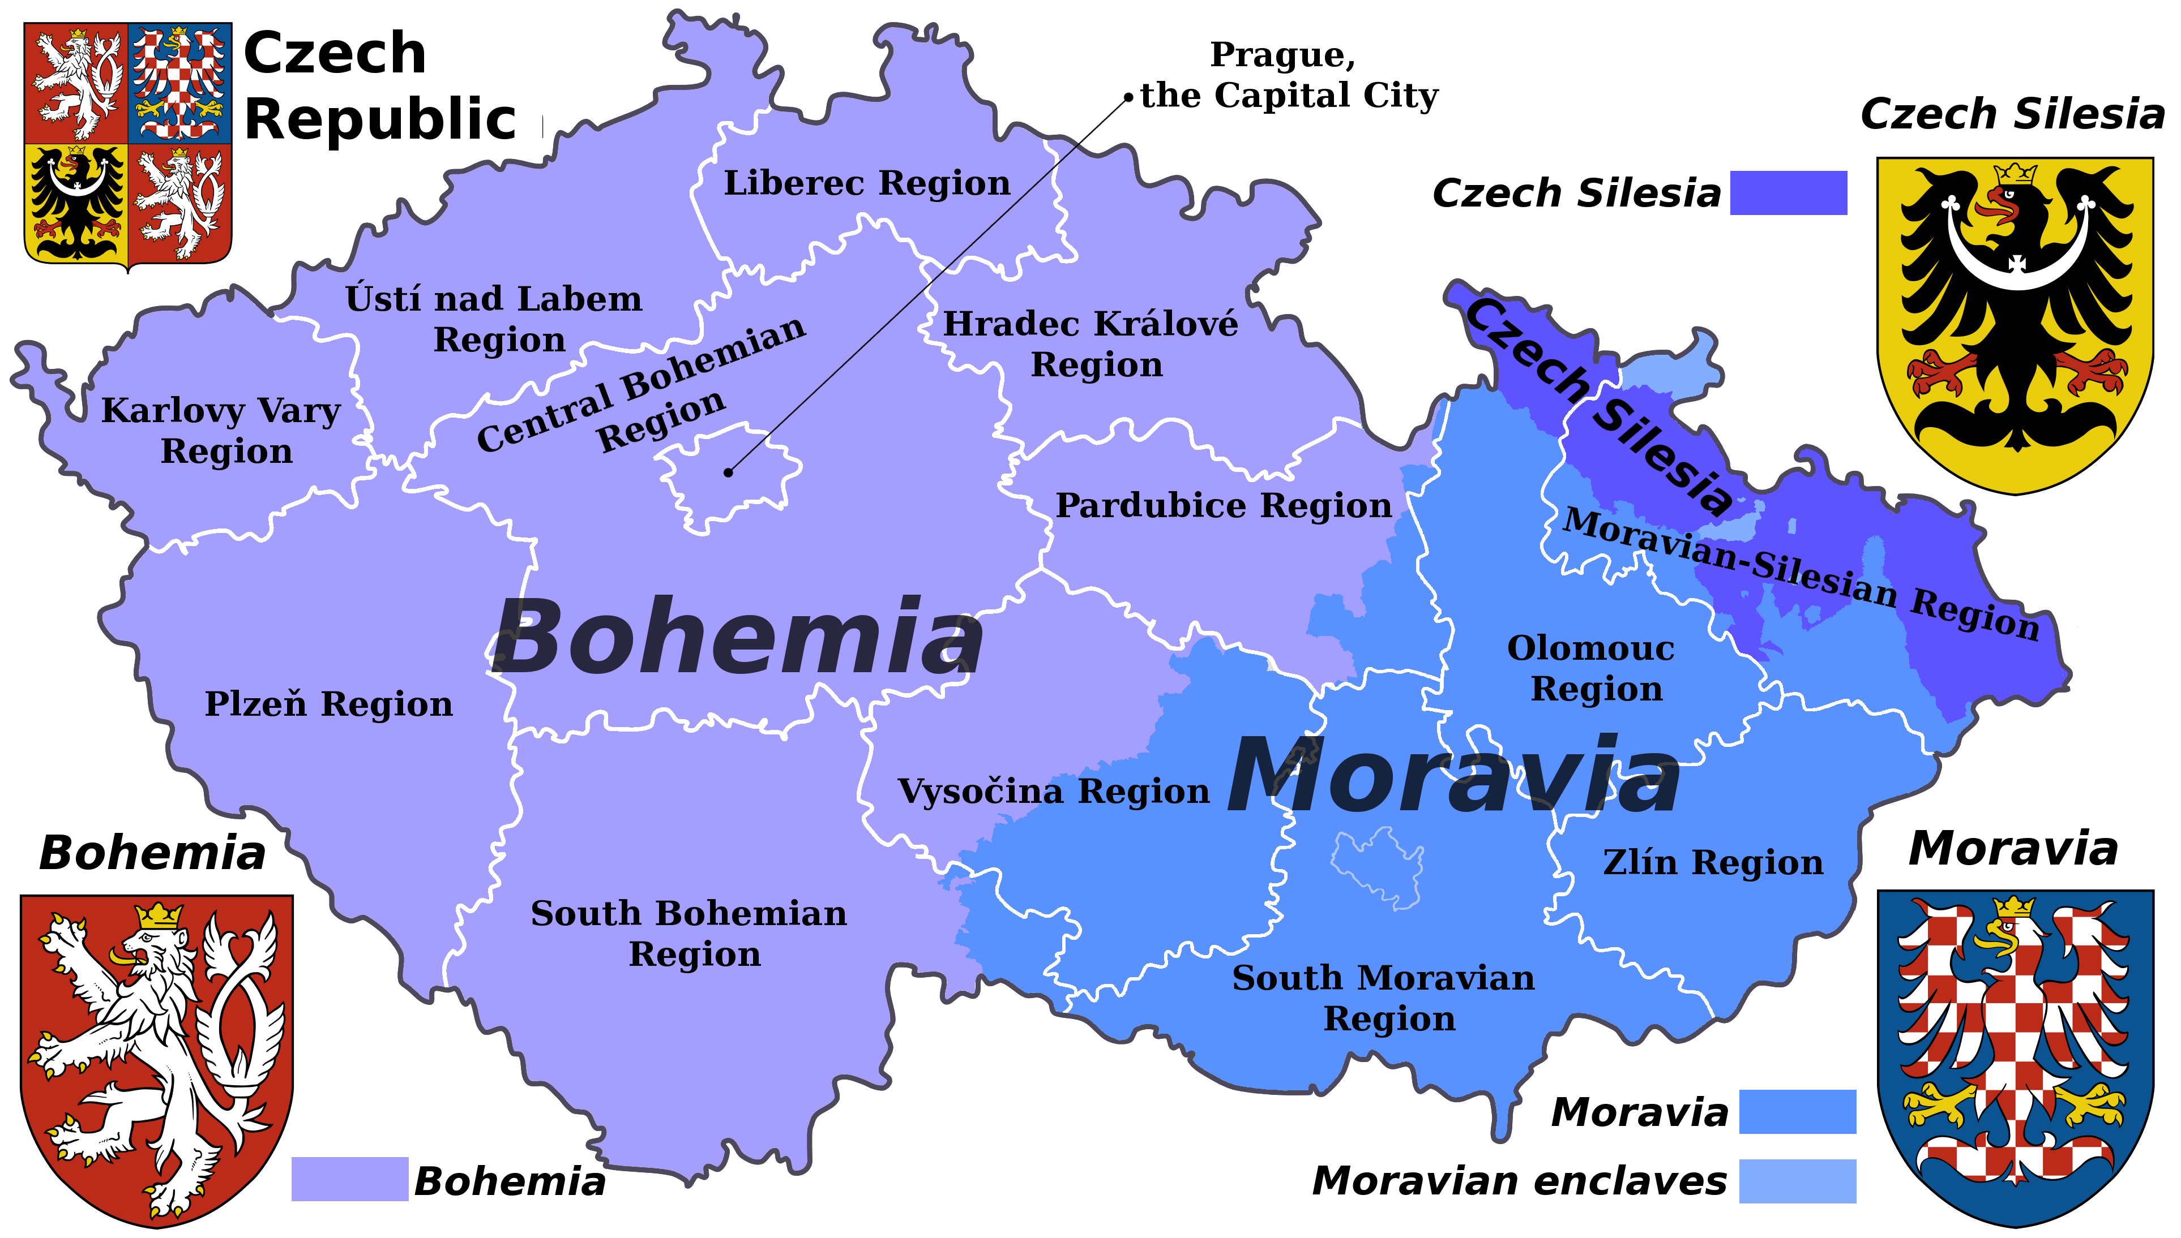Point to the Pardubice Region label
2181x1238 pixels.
pos(1223,506)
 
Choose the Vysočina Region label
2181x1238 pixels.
pos(1053,792)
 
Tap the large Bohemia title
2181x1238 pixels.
pos(737,638)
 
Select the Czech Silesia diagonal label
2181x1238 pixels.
pos(1599,406)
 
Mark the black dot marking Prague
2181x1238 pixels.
pos(728,473)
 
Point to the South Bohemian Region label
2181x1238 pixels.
pos(689,934)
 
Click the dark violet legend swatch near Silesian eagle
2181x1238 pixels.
pos(1788,193)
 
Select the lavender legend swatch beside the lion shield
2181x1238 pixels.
pos(349,1179)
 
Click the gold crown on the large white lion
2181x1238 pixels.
pos(159,915)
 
